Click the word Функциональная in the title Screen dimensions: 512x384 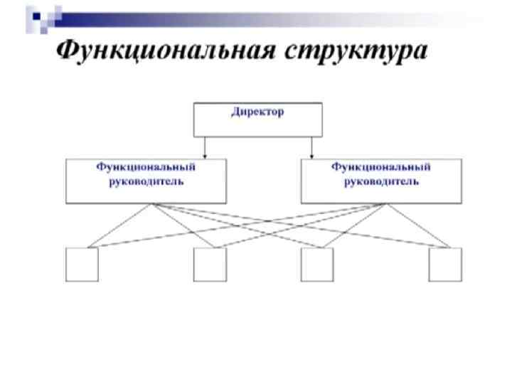168,51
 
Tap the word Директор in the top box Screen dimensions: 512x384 257,112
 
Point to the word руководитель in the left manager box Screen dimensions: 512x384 146,181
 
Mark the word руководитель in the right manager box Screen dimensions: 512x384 381,181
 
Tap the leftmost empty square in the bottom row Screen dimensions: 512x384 82,265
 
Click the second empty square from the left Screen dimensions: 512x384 210,265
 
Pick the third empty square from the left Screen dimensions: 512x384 316,265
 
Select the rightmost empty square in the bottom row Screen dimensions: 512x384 444,265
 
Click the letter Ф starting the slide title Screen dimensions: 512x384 68,51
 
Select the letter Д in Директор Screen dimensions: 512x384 235,112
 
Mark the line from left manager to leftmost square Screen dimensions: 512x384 119,226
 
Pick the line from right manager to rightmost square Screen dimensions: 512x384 417,226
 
